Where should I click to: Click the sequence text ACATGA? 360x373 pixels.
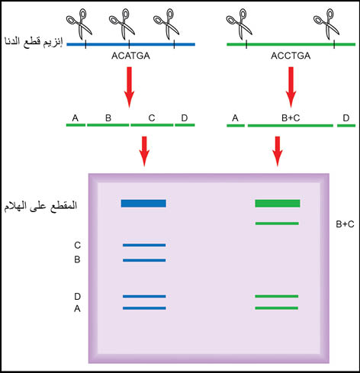pyautogui.click(x=130, y=56)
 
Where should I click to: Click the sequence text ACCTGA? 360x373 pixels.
pyautogui.click(x=291, y=56)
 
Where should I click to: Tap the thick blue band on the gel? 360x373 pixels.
pyautogui.click(x=143, y=204)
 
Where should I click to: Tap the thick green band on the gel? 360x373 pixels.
pyautogui.click(x=278, y=204)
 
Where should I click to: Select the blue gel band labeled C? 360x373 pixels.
pyautogui.click(x=144, y=245)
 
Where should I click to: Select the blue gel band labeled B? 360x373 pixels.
pyautogui.click(x=144, y=260)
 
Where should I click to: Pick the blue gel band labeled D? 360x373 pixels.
pyautogui.click(x=144, y=296)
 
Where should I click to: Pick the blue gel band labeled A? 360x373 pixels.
pyautogui.click(x=144, y=308)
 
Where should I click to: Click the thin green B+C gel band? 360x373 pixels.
pyautogui.click(x=277, y=223)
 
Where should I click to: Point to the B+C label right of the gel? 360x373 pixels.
pyautogui.click(x=345, y=224)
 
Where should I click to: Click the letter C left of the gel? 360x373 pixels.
pyautogui.click(x=78, y=246)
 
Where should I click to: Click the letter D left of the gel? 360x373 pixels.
pyautogui.click(x=78, y=297)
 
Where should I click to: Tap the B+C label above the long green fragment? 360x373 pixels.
pyautogui.click(x=291, y=118)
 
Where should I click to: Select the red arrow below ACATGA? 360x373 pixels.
pyautogui.click(x=129, y=87)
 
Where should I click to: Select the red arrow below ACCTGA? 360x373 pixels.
pyautogui.click(x=291, y=87)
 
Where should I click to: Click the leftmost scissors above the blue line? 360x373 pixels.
pyautogui.click(x=79, y=24)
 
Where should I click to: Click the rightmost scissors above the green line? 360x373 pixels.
pyautogui.click(x=326, y=24)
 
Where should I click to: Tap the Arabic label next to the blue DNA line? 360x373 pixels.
pyautogui.click(x=34, y=42)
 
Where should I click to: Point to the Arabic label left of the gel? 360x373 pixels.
pyautogui.click(x=40, y=206)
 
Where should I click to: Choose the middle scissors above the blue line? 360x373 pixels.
pyautogui.click(x=122, y=24)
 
